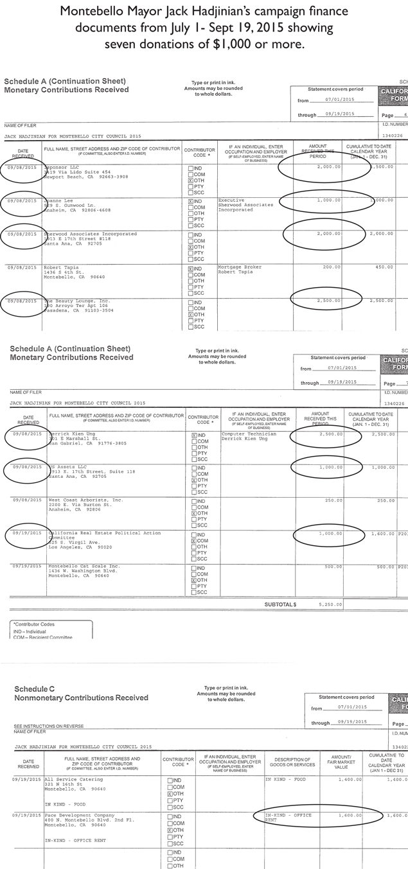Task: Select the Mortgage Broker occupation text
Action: [238, 267]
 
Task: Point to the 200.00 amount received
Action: [330, 267]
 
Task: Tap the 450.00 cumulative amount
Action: [384, 267]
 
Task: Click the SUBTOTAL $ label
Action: [280, 604]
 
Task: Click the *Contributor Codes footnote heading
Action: [31, 624]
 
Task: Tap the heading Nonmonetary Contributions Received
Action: [81, 698]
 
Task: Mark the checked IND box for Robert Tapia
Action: [191, 268]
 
